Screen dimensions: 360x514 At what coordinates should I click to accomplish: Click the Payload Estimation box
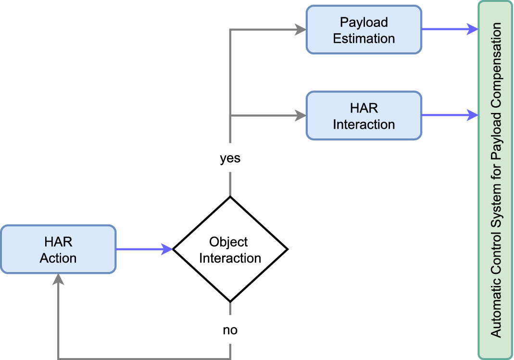pyautogui.click(x=364, y=29)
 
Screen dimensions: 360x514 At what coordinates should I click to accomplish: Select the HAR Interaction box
pyautogui.click(x=364, y=116)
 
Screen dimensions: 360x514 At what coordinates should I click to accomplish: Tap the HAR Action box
pyautogui.click(x=58, y=249)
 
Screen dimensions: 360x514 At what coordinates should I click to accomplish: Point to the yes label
pyautogui.click(x=230, y=159)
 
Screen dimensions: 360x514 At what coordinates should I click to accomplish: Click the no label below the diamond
pyautogui.click(x=230, y=330)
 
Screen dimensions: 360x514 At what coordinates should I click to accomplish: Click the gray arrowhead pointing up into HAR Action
pyautogui.click(x=58, y=279)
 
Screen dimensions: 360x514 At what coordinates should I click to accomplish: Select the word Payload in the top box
pyautogui.click(x=364, y=22)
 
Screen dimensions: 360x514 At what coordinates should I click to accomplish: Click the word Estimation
pyautogui.click(x=364, y=38)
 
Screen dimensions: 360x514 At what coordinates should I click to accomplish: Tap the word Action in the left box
pyautogui.click(x=58, y=258)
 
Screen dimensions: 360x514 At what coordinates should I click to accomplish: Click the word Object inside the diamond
pyautogui.click(x=229, y=242)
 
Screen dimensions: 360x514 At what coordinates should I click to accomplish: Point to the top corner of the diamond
pyautogui.click(x=230, y=197)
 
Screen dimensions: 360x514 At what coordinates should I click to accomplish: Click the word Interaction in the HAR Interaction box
pyautogui.click(x=364, y=124)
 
